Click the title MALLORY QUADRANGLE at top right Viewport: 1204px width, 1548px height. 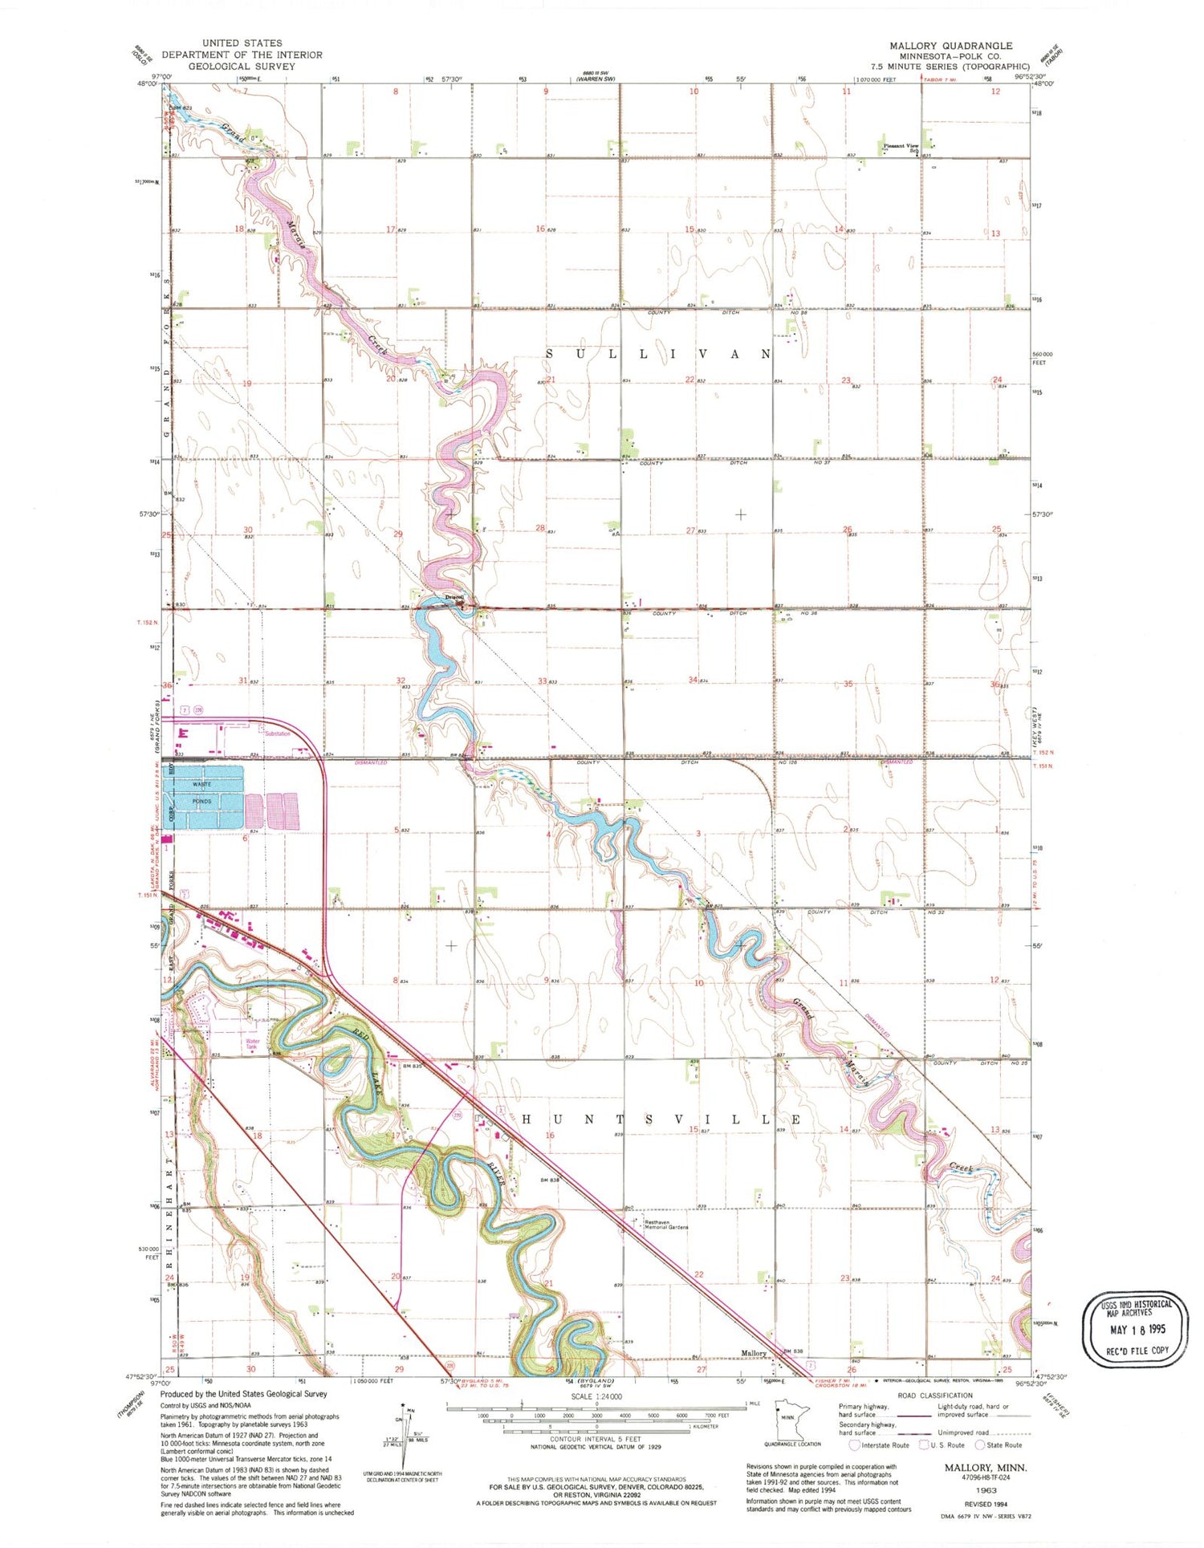coord(950,46)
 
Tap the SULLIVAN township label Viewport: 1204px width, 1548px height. coord(658,354)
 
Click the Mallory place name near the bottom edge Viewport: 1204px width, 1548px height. coord(754,1353)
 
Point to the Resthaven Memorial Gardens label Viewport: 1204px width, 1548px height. coord(666,1225)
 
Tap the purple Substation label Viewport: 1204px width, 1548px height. coord(278,733)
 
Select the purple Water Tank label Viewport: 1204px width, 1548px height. coord(252,1045)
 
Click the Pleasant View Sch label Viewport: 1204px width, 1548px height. coord(902,147)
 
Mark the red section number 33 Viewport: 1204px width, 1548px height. coord(543,681)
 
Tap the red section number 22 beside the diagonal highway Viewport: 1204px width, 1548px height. coord(698,1274)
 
